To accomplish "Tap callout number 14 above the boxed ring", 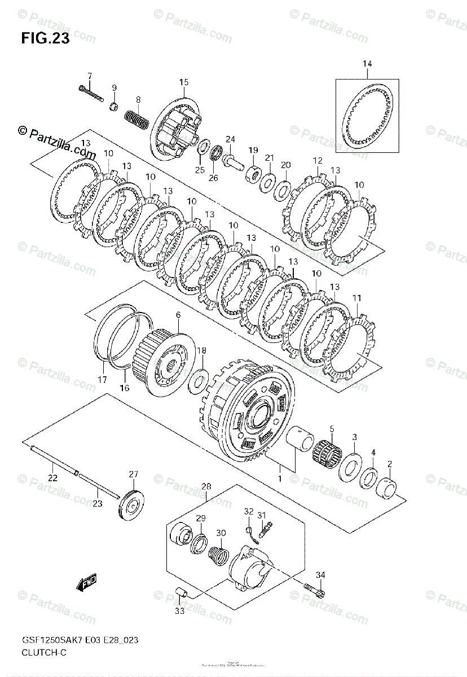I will coord(367,64).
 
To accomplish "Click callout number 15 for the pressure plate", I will coord(183,83).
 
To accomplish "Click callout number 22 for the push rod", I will coord(52,478).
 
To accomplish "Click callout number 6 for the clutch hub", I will coord(178,315).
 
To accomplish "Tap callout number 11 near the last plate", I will coord(357,297).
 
